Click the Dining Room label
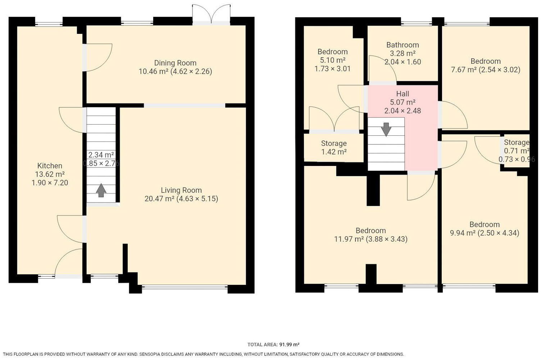point(175,63)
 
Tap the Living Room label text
point(181,190)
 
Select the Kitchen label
point(50,166)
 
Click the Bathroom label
point(403,45)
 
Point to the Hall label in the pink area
point(403,94)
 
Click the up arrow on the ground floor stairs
point(101,190)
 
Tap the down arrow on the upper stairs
point(386,129)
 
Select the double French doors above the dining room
point(211,14)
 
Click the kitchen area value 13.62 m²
point(50,174)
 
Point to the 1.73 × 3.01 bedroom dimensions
point(332,69)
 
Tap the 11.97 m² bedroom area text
point(349,239)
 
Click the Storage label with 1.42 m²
point(334,144)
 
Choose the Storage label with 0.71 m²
point(516,143)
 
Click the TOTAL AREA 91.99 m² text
point(273,345)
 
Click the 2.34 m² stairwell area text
point(101,155)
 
